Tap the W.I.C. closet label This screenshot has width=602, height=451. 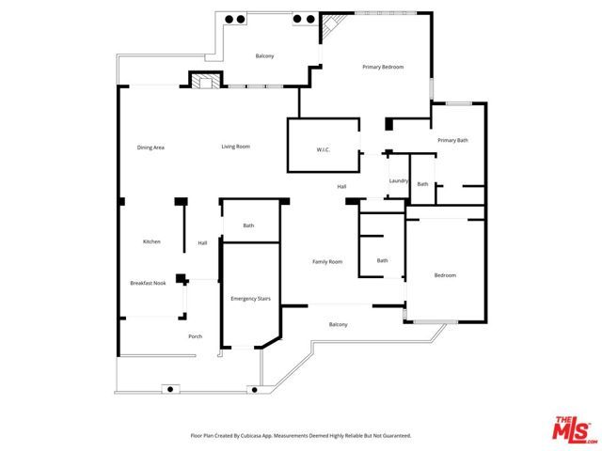pos(323,149)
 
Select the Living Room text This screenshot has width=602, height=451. pos(235,147)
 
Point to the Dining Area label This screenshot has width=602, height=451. pos(150,148)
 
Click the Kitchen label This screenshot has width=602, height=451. pos(151,241)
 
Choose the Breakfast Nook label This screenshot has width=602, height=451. pos(148,283)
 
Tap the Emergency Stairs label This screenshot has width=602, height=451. pos(250,298)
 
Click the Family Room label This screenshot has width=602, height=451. pos(327,261)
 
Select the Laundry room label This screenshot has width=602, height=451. pos(397,181)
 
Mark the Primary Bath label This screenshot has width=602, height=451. pos(452,140)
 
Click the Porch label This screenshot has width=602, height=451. pos(196,336)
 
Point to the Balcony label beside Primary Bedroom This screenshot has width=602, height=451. pos(265,56)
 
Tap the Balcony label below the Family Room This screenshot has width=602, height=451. pos(338,325)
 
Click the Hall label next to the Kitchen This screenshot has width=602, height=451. pos(202,243)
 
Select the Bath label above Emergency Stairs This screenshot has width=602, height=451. pos(248,225)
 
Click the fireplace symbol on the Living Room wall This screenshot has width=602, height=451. pos(205,81)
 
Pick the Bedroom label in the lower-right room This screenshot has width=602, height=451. pos(445,275)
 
